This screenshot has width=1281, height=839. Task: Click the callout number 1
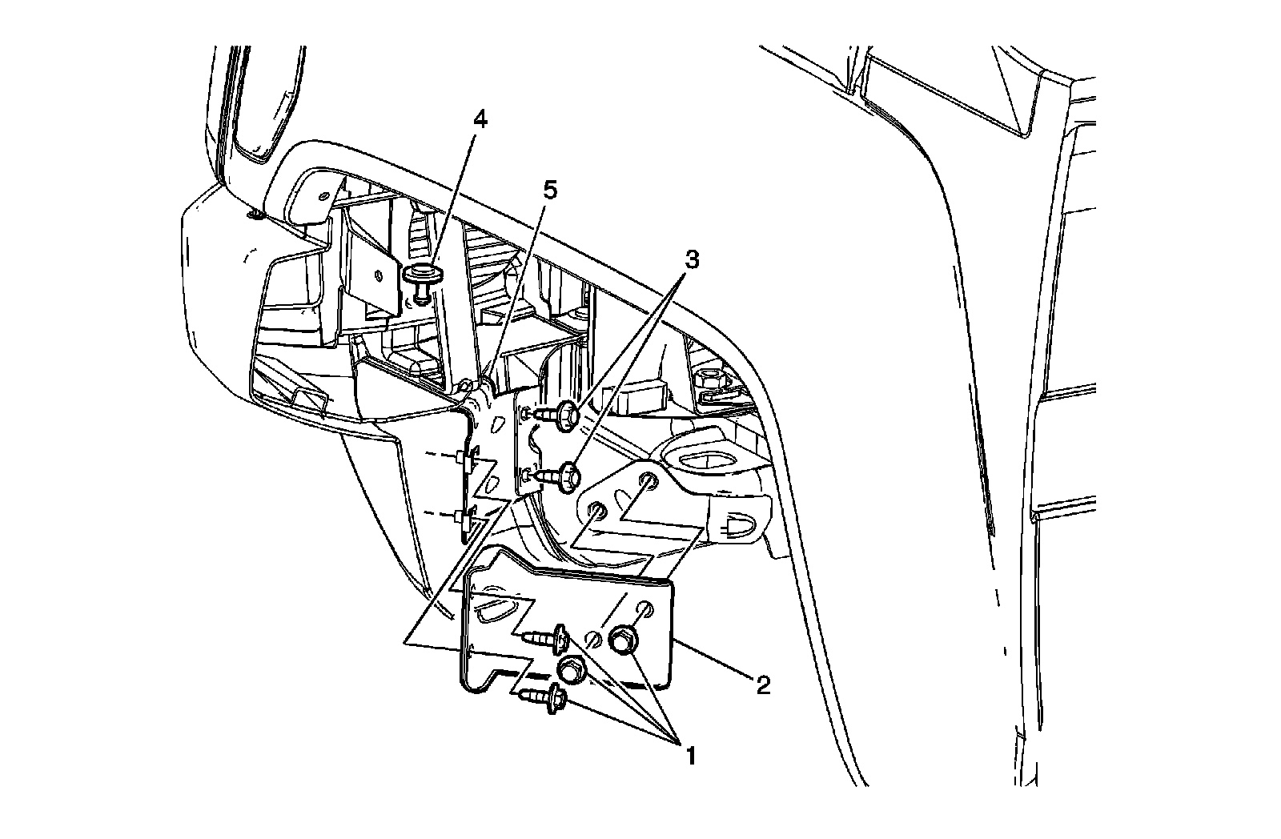[x=686, y=755]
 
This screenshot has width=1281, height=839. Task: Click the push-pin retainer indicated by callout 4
[x=423, y=279]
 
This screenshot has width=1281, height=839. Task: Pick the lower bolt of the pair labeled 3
[x=564, y=473]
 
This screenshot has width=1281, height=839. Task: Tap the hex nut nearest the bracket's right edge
[x=624, y=640]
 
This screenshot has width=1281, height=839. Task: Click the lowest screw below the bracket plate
[x=548, y=699]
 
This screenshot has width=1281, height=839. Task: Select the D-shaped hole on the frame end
[x=736, y=528]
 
